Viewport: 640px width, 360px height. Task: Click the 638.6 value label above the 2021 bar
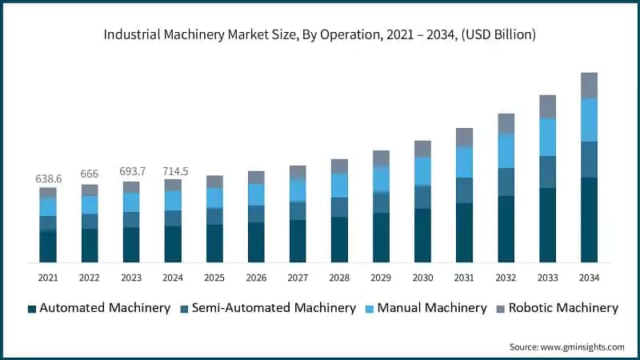(48, 179)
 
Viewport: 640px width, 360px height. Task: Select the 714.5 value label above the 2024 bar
(173, 171)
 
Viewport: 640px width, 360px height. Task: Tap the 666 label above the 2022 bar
(90, 175)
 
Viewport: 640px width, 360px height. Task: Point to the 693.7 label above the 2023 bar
(131, 172)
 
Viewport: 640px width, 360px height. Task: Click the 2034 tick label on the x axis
(589, 277)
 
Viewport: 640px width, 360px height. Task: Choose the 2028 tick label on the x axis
(339, 277)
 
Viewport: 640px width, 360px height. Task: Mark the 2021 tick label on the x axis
(48, 277)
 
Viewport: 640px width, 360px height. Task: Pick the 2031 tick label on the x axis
(464, 277)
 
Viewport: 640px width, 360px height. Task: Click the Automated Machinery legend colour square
(31, 308)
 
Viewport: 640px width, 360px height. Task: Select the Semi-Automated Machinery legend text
(278, 308)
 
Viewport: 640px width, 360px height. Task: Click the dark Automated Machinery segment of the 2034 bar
(589, 220)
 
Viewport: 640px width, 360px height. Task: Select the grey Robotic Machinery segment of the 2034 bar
(589, 85)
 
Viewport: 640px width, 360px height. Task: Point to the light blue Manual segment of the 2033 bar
(547, 137)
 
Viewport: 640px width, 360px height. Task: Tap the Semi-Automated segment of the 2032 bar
(506, 182)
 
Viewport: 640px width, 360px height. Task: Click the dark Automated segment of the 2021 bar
(48, 246)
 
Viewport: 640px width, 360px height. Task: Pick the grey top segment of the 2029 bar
(381, 158)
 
